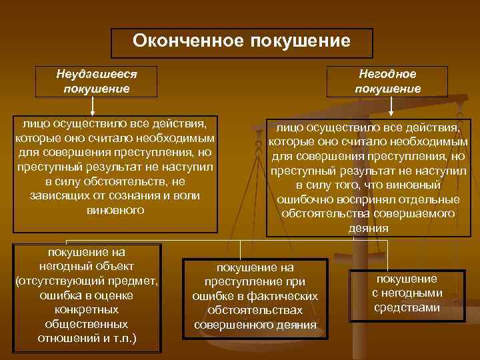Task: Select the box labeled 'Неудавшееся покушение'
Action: (96, 81)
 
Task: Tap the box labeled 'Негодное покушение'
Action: (387, 81)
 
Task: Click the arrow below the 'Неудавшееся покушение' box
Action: (93, 107)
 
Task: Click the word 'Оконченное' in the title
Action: (188, 41)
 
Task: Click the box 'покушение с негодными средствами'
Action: (406, 293)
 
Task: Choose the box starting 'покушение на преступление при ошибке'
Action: (255, 295)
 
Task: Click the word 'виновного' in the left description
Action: (115, 210)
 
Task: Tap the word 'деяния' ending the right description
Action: (368, 228)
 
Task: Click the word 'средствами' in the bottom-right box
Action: (407, 307)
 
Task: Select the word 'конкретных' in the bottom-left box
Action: (87, 309)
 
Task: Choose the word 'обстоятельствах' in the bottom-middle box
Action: (255, 310)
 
